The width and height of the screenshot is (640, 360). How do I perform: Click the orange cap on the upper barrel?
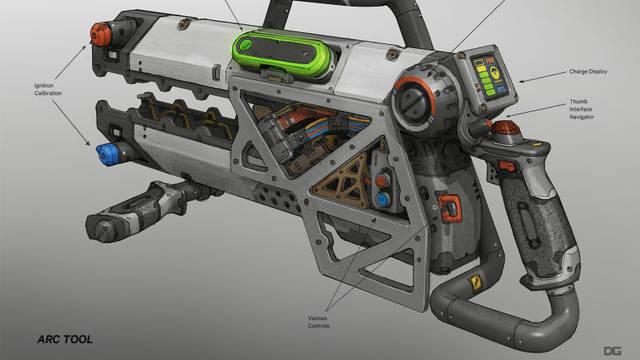(x=97, y=35)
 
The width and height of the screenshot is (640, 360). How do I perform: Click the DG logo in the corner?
(x=612, y=341)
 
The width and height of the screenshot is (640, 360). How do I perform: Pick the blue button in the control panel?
(x=384, y=199)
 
